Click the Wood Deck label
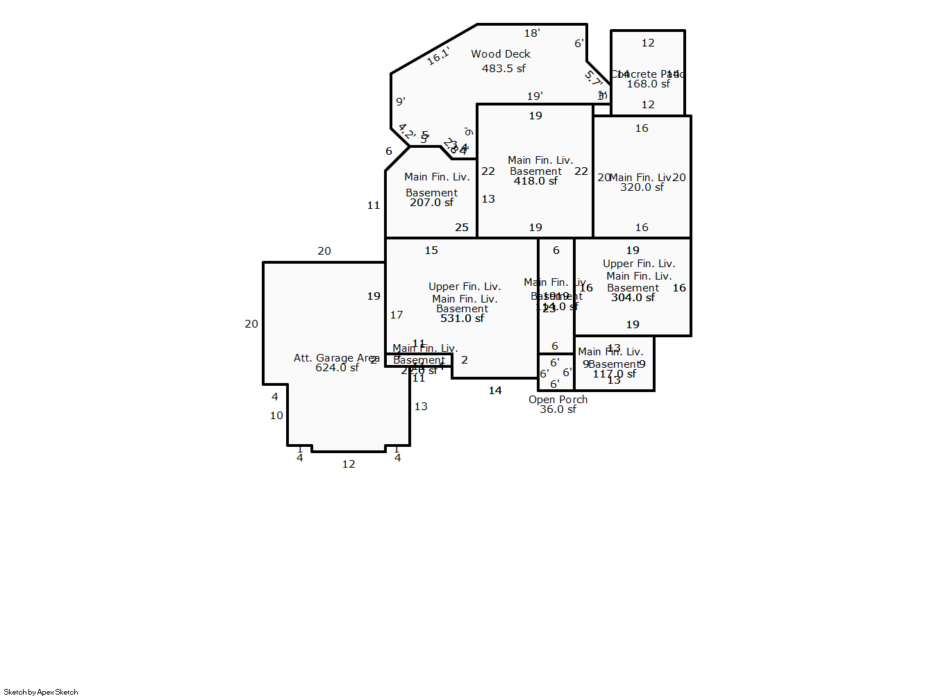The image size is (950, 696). [500, 54]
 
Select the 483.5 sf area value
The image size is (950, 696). [503, 69]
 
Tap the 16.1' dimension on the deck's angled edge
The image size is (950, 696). [438, 56]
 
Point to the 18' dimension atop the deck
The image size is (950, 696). [532, 33]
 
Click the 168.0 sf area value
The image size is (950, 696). [648, 84]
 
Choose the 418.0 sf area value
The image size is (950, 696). [535, 181]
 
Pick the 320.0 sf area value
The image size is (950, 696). [642, 187]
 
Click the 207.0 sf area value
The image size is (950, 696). [431, 203]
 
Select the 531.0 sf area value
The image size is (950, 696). [462, 319]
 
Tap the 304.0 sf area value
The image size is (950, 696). [633, 298]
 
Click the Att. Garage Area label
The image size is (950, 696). [336, 358]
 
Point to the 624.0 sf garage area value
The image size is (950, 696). [337, 368]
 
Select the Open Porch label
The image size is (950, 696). [558, 400]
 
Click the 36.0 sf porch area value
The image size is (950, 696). [558, 409]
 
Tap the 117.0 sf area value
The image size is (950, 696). [614, 374]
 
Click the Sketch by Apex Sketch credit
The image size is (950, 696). [41, 692]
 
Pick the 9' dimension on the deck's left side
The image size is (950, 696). [401, 101]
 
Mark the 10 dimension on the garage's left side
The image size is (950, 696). [276, 416]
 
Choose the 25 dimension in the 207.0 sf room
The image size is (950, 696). [462, 228]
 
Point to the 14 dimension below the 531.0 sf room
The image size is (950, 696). [495, 391]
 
